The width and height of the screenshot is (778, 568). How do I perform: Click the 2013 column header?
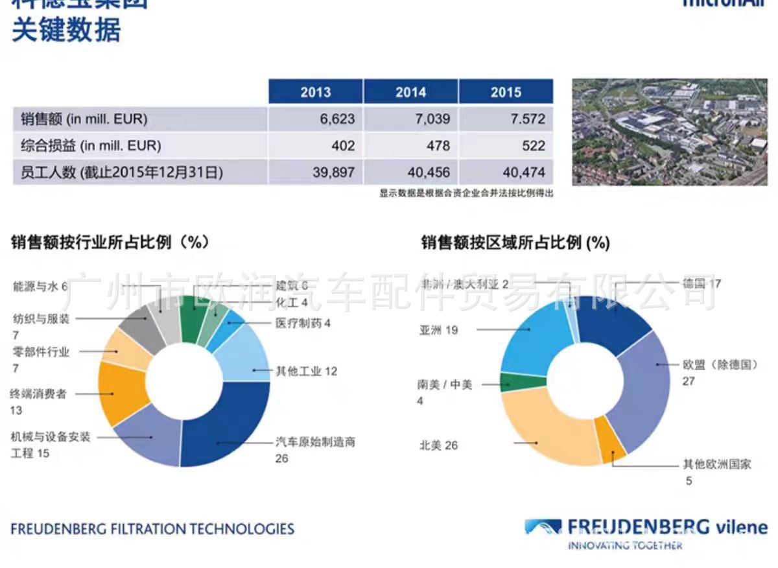315,91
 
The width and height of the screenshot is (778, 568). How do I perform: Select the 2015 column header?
506,91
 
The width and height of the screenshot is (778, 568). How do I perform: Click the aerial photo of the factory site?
669,132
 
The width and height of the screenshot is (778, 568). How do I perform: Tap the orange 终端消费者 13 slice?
121,392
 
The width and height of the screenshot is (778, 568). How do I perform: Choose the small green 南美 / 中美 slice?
513,382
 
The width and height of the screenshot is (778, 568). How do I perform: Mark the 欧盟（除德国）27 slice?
639,389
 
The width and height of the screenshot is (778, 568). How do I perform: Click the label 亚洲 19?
438,330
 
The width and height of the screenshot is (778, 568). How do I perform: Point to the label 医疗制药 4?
303,322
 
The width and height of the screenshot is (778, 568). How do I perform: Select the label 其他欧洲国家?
716,464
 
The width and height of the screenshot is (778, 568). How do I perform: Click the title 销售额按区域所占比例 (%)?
515,243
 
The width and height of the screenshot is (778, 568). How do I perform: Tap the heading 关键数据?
66,30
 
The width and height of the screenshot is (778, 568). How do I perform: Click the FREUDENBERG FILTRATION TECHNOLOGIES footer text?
152,528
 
